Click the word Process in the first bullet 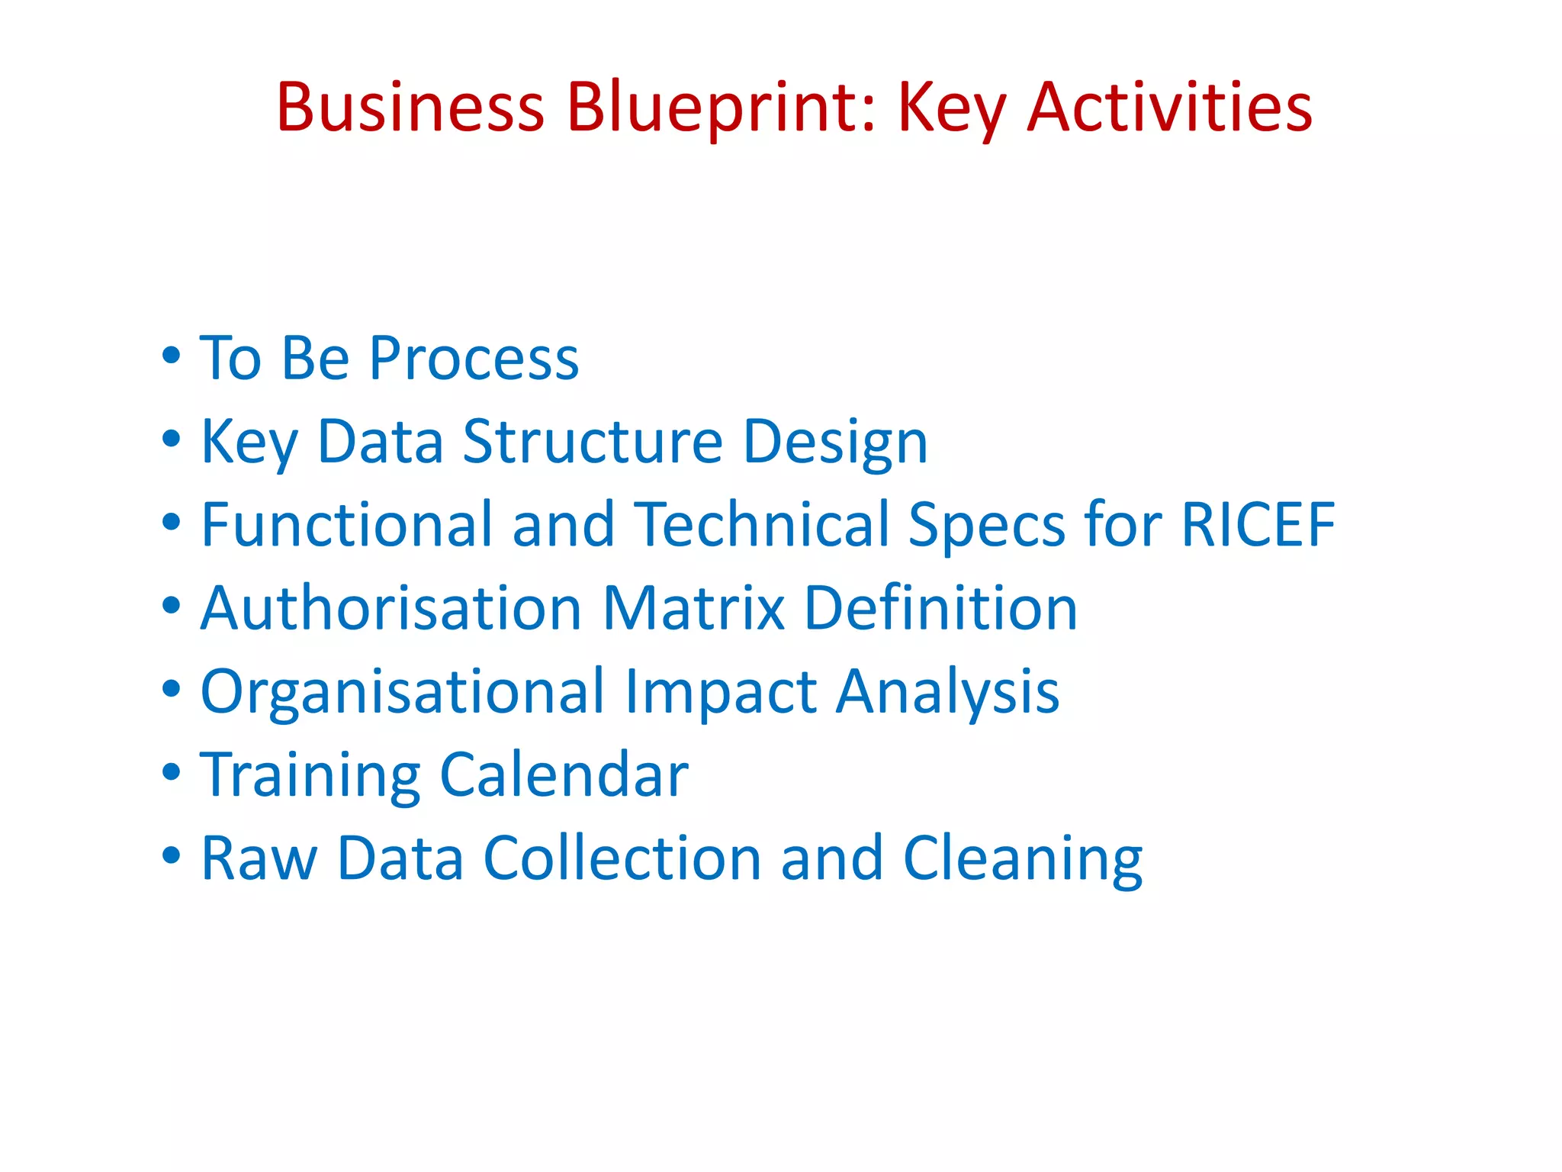pos(474,358)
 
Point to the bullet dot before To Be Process pos(172,356)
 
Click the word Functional pos(346,524)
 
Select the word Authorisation pos(391,608)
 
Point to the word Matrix pos(693,608)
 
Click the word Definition pos(940,608)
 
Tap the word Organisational pos(402,691)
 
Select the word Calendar pos(564,774)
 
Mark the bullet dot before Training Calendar pos(172,771)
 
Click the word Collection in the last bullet pos(622,858)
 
